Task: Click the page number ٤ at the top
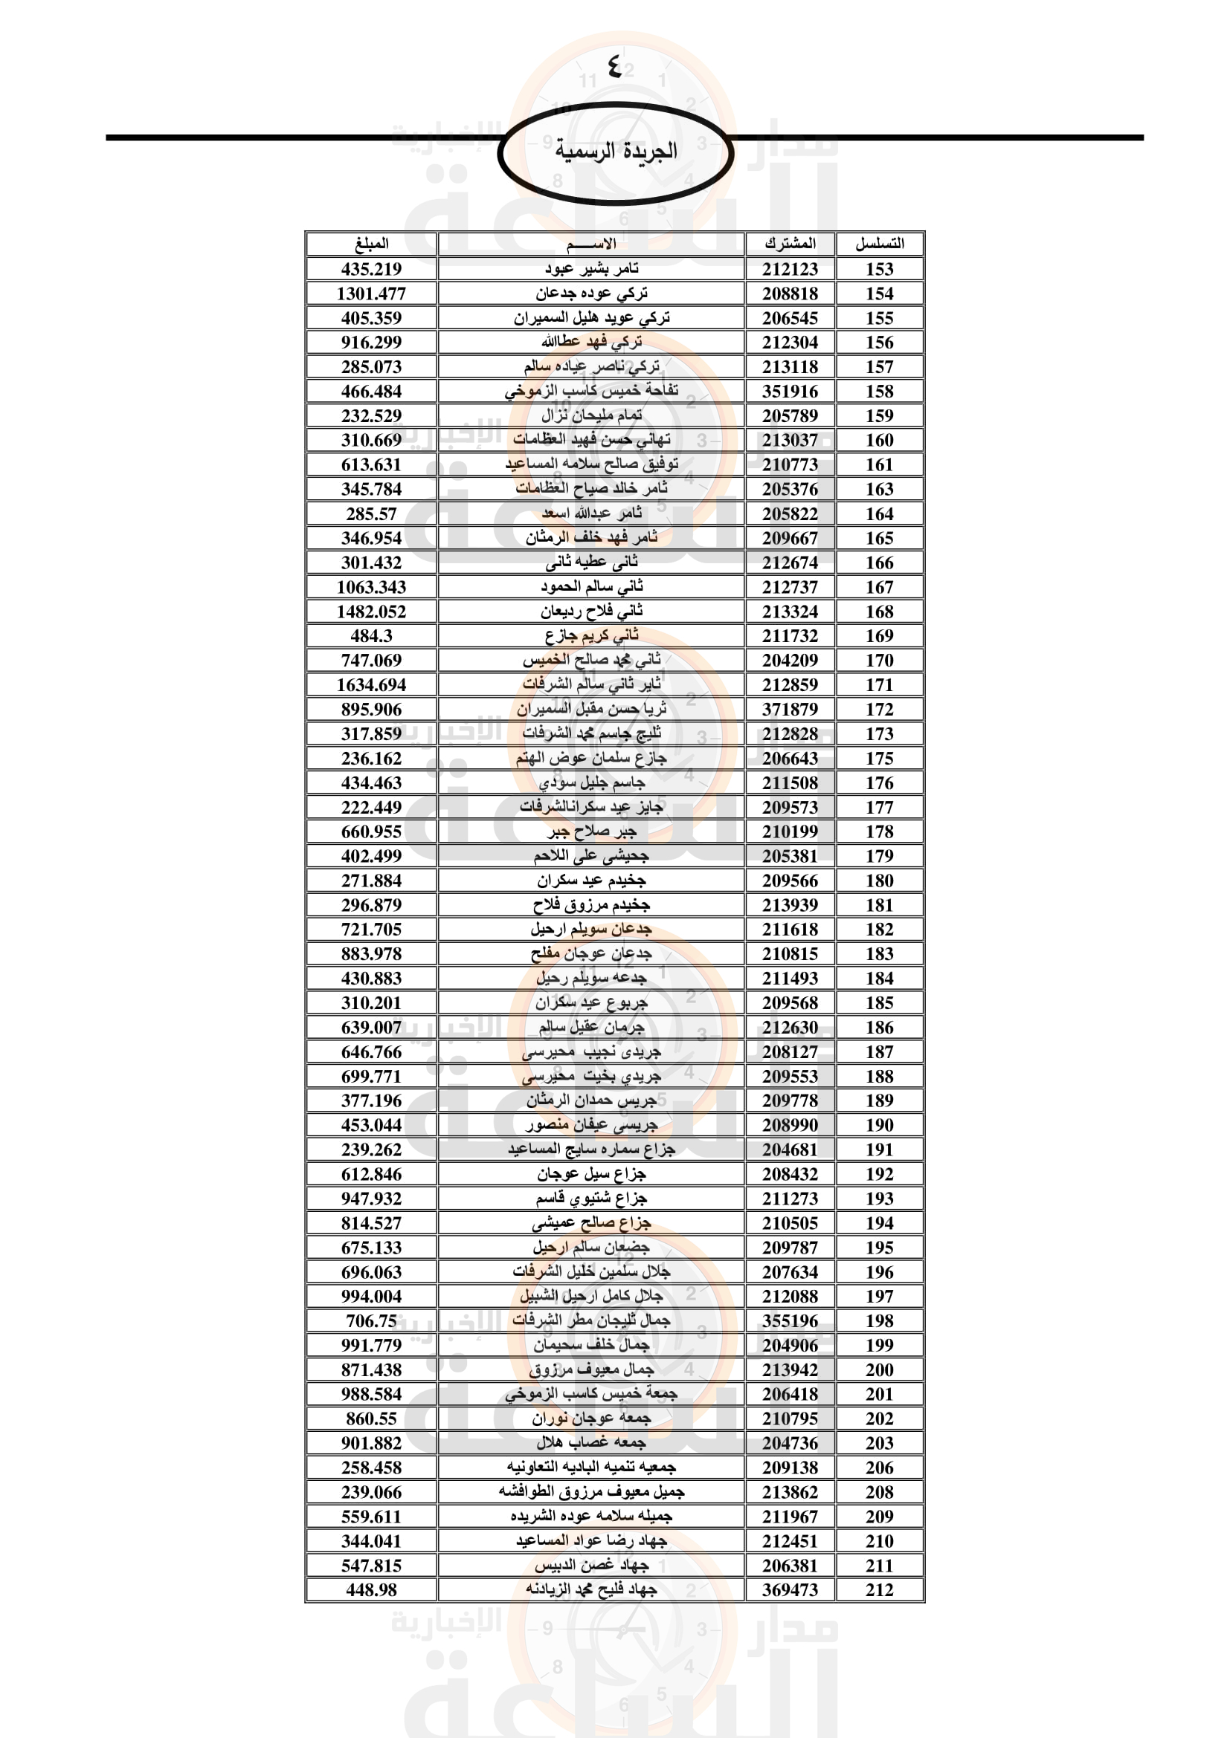pos(614,68)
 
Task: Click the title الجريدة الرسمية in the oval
pos(616,151)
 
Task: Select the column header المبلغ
pos(371,244)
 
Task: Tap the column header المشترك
pos(790,244)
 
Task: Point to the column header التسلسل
pos(879,244)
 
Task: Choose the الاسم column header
pos(590,244)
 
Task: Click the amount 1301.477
pos(371,294)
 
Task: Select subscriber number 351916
pos(790,392)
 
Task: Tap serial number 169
pos(879,636)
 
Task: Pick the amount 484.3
pos(371,636)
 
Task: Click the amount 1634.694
pos(371,685)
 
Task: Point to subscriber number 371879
pos(790,710)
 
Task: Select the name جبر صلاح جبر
pos(591,832)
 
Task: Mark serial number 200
pos(879,1370)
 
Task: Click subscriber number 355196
pos(790,1321)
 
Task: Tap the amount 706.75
pos(371,1321)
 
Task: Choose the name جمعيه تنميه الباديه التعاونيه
pos(591,1468)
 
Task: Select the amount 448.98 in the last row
pos(371,1590)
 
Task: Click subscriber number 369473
pos(790,1590)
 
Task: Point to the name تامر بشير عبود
pos(591,269)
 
